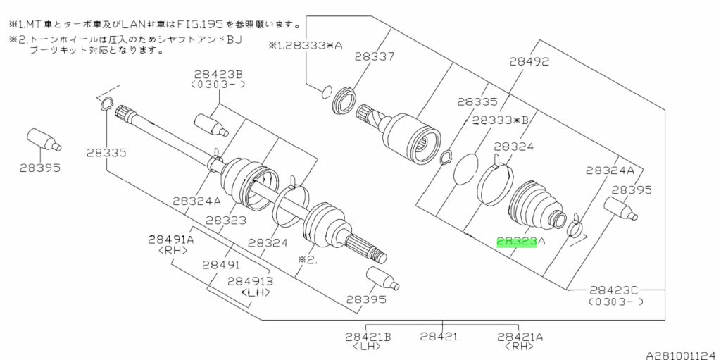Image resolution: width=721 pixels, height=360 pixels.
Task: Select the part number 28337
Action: coord(374,56)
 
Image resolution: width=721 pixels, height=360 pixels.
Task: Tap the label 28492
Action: coord(529,62)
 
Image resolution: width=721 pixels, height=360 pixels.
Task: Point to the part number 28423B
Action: coord(219,74)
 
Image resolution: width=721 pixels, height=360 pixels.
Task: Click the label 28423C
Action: coord(613,289)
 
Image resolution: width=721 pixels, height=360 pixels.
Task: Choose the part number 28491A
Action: coord(170,240)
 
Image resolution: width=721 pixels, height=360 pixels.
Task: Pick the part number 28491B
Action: coord(250,280)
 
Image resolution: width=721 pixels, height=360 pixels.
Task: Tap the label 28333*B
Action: coord(500,120)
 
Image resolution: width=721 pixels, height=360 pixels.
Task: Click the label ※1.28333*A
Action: coord(305,45)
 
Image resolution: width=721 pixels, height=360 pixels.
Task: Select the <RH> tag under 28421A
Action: coord(520,347)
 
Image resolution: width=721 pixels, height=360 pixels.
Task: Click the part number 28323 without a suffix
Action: coord(227,221)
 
